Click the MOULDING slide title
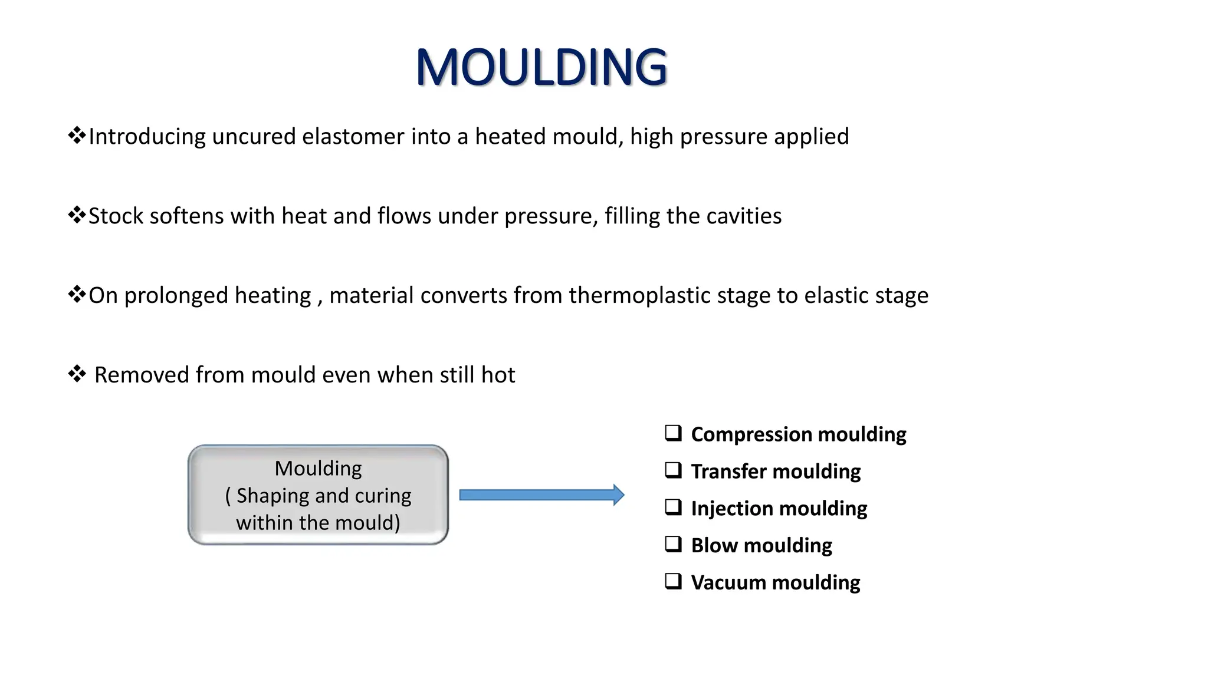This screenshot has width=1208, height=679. [x=541, y=67]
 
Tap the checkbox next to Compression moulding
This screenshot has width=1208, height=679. [x=673, y=433]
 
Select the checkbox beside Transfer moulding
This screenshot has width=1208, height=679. [x=673, y=470]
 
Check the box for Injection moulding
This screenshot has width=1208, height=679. [x=673, y=507]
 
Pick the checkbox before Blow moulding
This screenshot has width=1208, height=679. [x=673, y=544]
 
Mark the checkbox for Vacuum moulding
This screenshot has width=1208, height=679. [x=673, y=581]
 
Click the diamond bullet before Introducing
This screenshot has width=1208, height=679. [x=77, y=136]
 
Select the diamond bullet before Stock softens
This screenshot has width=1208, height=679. [x=77, y=215]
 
